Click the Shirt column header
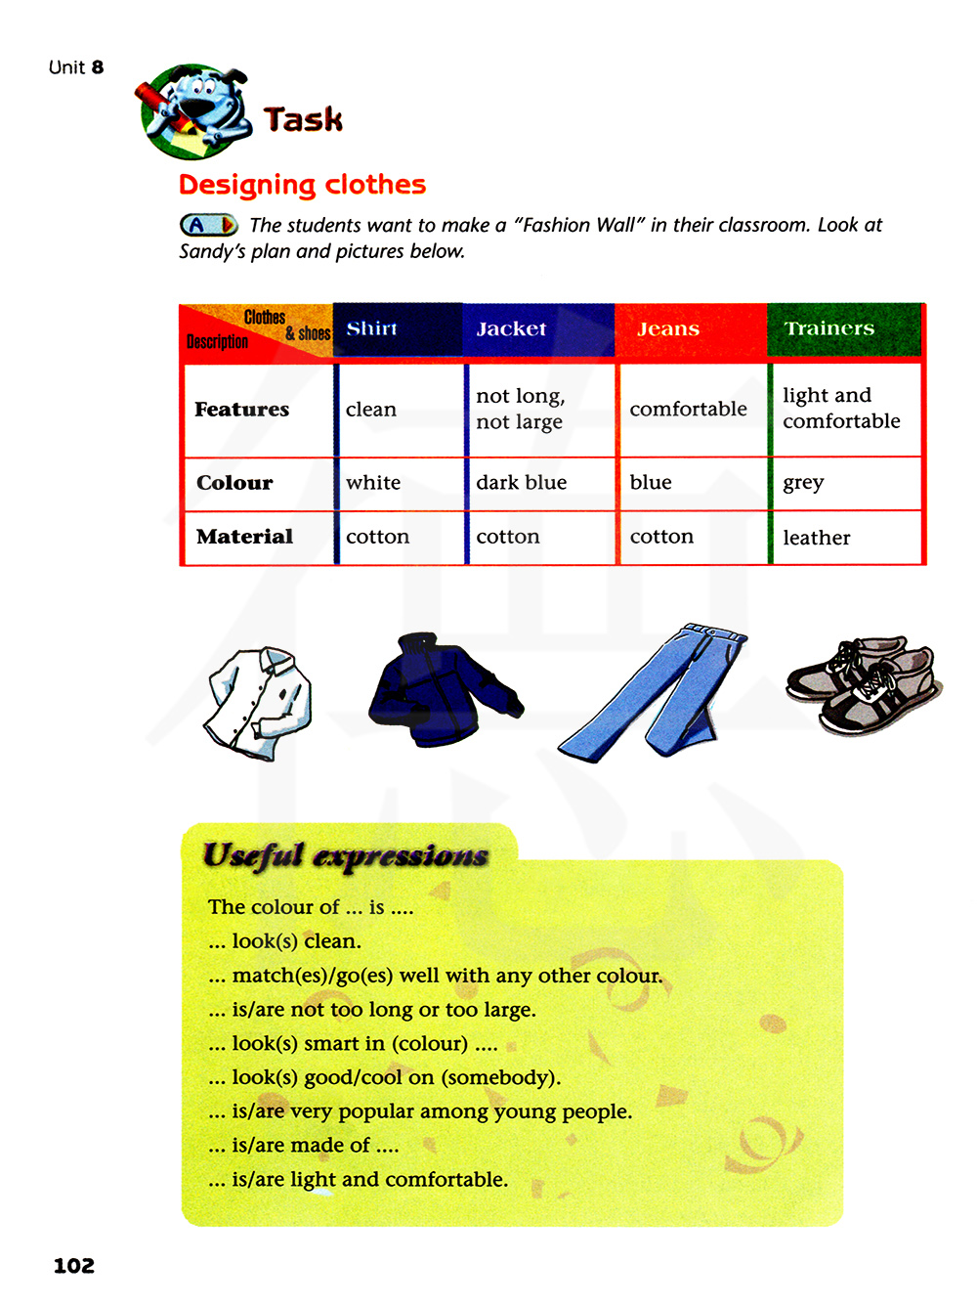[x=372, y=329]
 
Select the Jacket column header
[x=511, y=329]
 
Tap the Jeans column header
[x=668, y=329]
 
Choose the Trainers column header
[x=829, y=329]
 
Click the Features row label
[x=241, y=410]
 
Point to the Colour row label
[x=234, y=483]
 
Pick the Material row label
[x=244, y=537]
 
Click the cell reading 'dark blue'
[x=521, y=483]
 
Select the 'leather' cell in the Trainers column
[x=817, y=538]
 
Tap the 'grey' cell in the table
[x=803, y=483]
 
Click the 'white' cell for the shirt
[x=373, y=483]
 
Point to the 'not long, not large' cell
[x=520, y=409]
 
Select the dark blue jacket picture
[x=442, y=690]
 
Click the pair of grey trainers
[x=863, y=685]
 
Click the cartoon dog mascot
[x=194, y=111]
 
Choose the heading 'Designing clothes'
[x=302, y=185]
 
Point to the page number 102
[x=74, y=1266]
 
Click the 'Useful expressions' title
[x=345, y=856]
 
